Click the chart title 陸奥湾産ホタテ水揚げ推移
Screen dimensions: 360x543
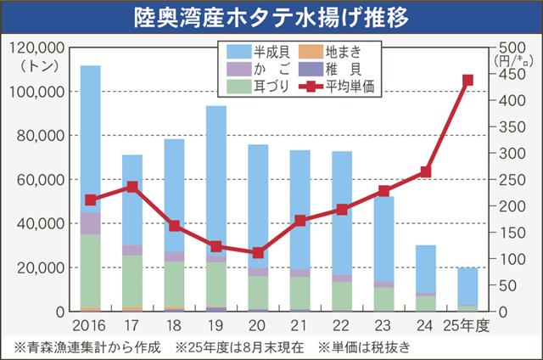[x=271, y=16]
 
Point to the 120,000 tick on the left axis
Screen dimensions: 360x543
[x=33, y=47]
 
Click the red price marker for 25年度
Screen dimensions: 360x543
[x=467, y=81]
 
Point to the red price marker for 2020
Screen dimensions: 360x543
[x=258, y=253]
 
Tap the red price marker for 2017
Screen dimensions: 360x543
[x=132, y=187]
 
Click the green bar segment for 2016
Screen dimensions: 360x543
[x=91, y=271]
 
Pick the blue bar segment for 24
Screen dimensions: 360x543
[x=426, y=268]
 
